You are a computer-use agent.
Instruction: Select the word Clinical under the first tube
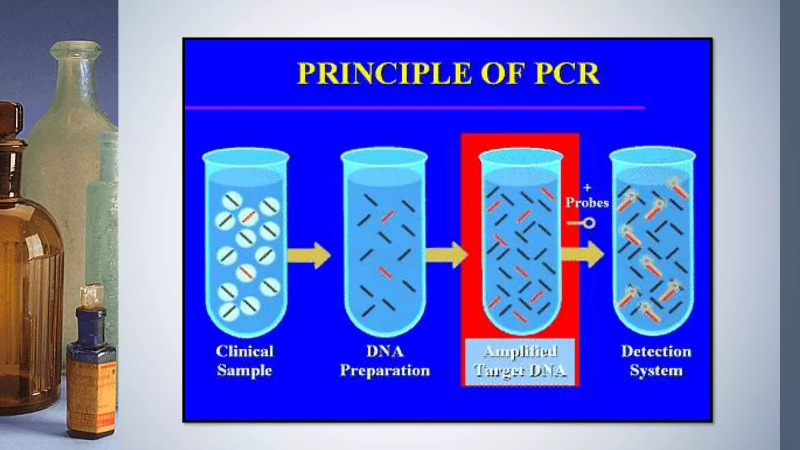click(245, 351)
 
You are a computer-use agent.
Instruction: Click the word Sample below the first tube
click(245, 370)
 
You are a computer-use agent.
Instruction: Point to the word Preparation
click(385, 370)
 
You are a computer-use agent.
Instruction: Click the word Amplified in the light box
click(520, 352)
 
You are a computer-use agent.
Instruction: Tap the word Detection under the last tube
click(656, 351)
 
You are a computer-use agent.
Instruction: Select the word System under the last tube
click(656, 370)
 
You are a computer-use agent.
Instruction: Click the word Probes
click(587, 203)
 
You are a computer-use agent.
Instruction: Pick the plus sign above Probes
click(587, 188)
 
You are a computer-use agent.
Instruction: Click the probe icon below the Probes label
click(582, 223)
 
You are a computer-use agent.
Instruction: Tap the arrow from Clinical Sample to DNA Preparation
click(309, 255)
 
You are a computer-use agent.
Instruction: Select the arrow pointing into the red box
click(446, 255)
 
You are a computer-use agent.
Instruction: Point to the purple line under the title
click(414, 107)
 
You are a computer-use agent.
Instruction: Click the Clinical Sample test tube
click(246, 242)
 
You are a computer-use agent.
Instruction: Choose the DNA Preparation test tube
click(384, 242)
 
